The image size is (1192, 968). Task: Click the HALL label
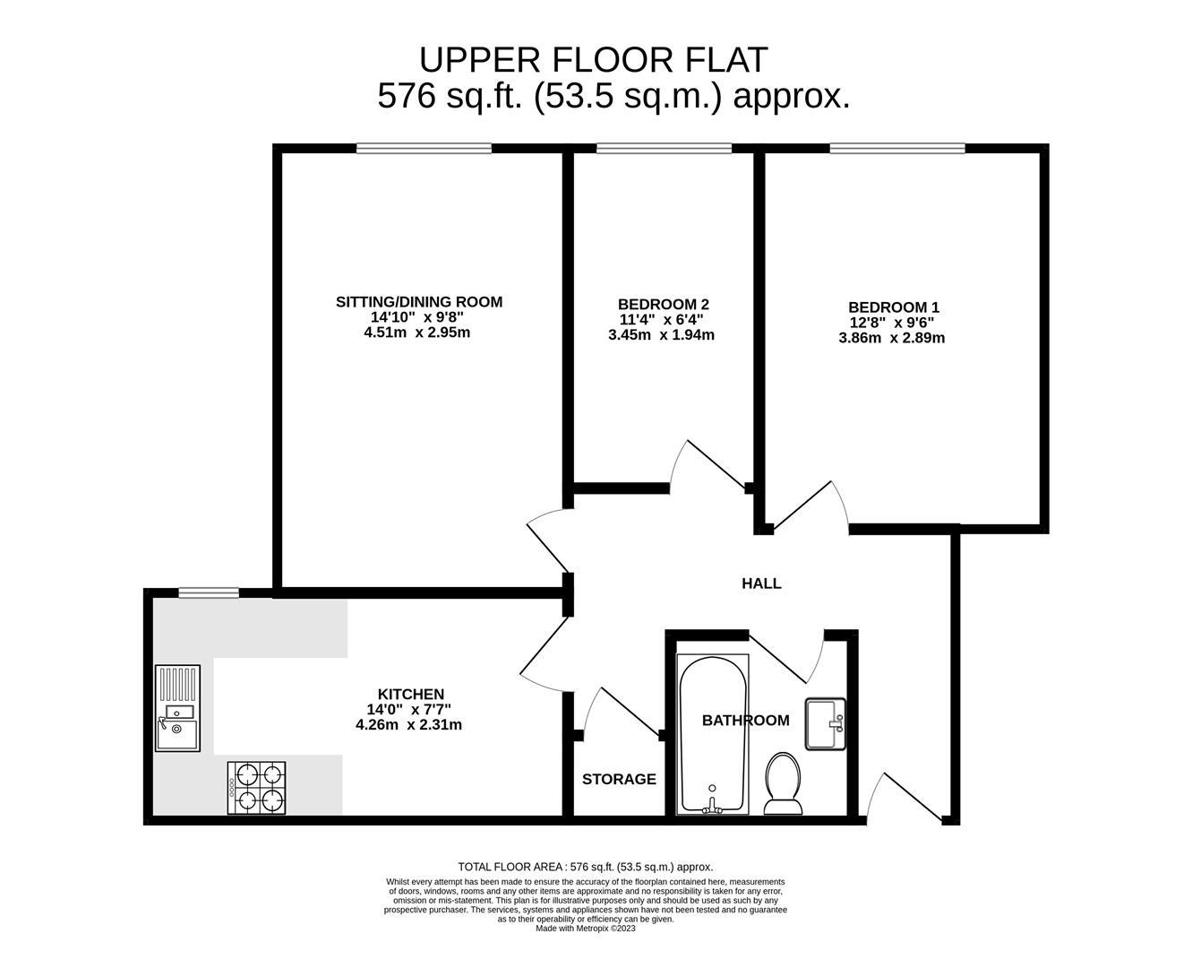tap(761, 583)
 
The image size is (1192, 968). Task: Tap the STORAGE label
tap(619, 780)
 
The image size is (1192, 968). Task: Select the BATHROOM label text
tap(745, 721)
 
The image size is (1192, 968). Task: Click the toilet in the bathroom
tap(783, 782)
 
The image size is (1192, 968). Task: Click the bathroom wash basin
tap(825, 724)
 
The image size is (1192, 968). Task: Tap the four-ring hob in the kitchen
tap(257, 788)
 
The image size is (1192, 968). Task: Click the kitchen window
tap(208, 592)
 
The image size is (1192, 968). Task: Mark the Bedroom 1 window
tap(896, 149)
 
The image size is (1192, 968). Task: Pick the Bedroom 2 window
tap(664, 149)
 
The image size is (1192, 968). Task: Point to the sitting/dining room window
tap(424, 149)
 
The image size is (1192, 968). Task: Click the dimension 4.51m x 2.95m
tap(416, 333)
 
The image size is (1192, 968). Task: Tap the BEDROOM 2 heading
tap(663, 305)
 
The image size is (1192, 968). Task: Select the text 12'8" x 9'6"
tap(891, 323)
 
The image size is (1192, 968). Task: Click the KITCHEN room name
tap(410, 695)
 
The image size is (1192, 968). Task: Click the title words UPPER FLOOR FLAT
tap(594, 60)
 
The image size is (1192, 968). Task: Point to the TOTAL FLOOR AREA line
tap(586, 867)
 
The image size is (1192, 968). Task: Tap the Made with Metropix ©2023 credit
tap(585, 929)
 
